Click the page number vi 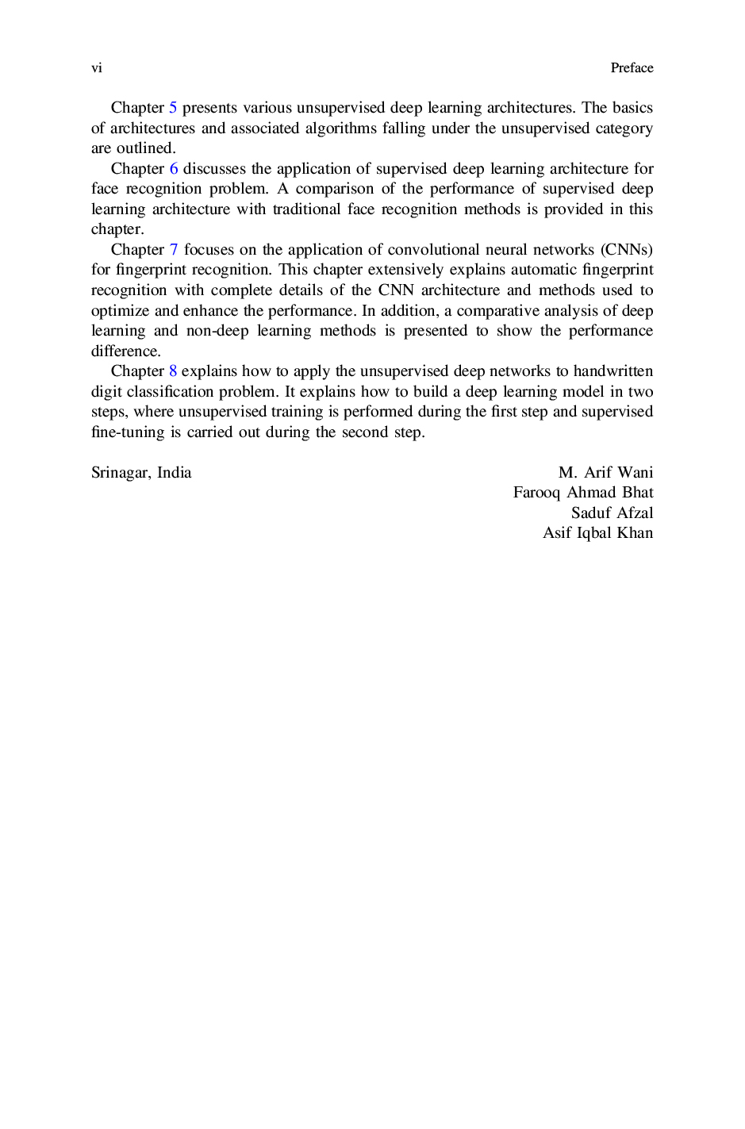pos(97,68)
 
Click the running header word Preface pos(632,68)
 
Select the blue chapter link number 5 pos(173,108)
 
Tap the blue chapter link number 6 pos(174,169)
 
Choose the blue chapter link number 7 pos(174,250)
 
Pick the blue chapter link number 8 pos(173,371)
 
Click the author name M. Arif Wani pos(605,473)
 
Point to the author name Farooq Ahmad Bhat pos(583,493)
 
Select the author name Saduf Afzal pos(612,513)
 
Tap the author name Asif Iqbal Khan pos(597,533)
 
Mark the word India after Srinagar pos(174,473)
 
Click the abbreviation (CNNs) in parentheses pos(627,250)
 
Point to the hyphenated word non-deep pos(217,331)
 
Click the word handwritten pos(613,371)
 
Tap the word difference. pos(125,351)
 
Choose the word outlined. pos(146,148)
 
